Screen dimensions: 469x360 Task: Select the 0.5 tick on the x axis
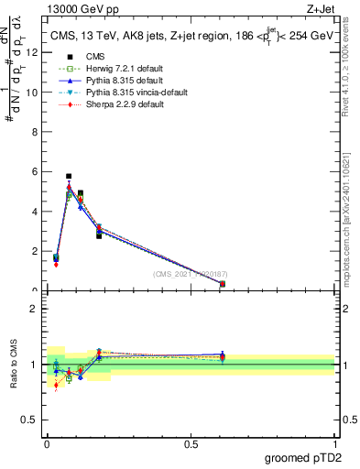click(191, 443)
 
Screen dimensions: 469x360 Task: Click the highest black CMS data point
click(69, 176)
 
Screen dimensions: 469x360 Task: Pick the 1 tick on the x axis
click(334, 443)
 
